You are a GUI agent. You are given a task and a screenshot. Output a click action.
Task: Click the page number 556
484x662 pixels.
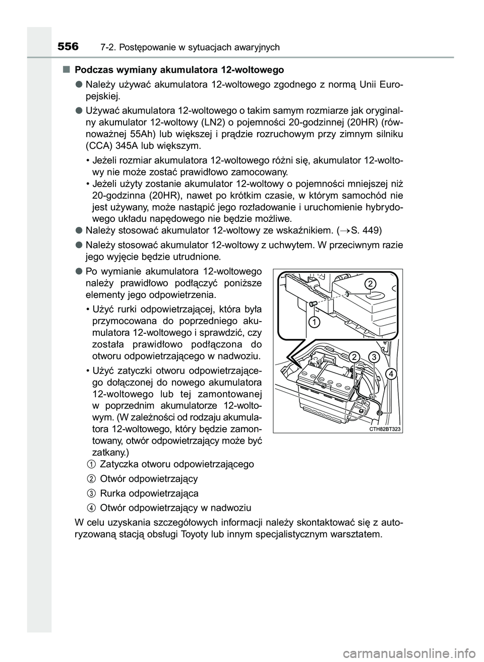pyautogui.click(x=68, y=47)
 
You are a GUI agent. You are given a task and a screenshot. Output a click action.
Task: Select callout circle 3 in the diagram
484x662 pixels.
pyautogui.click(x=373, y=357)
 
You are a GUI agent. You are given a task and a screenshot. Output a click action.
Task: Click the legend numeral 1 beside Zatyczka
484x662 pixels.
pyautogui.click(x=89, y=463)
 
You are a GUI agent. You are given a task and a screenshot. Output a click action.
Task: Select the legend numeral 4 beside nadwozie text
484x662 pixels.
pyautogui.click(x=89, y=507)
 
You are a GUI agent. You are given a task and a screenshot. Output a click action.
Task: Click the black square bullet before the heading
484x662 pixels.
pyautogui.click(x=66, y=69)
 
